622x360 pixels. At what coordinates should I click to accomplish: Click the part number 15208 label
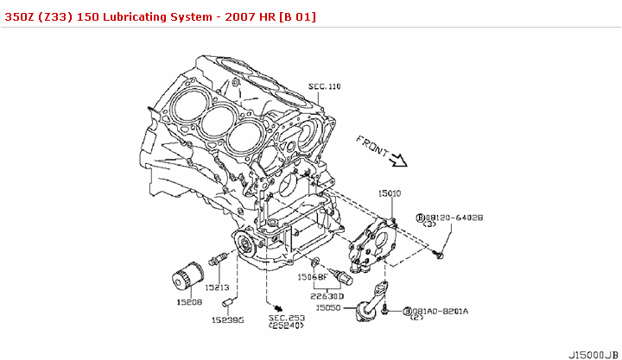click(x=189, y=303)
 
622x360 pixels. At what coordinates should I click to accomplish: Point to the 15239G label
click(x=229, y=319)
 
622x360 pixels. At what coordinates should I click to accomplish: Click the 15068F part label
click(x=313, y=278)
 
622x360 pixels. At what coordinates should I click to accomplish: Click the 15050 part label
click(x=329, y=307)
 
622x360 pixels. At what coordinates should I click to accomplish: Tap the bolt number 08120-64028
click(x=454, y=218)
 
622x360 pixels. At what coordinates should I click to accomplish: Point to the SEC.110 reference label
click(x=325, y=87)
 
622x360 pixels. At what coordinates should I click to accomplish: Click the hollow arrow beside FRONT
click(x=398, y=159)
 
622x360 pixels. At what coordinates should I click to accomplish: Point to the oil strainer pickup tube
click(x=370, y=302)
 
